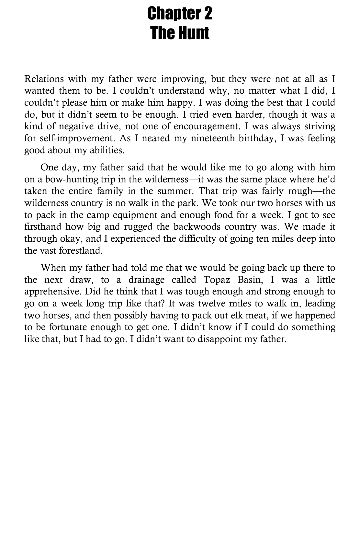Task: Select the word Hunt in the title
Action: pyautogui.click(x=194, y=33)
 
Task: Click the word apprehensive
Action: pyautogui.click(x=53, y=292)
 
